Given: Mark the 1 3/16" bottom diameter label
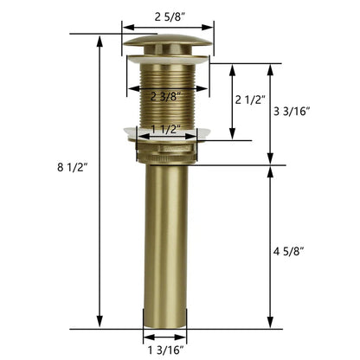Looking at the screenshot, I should [166, 350].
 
